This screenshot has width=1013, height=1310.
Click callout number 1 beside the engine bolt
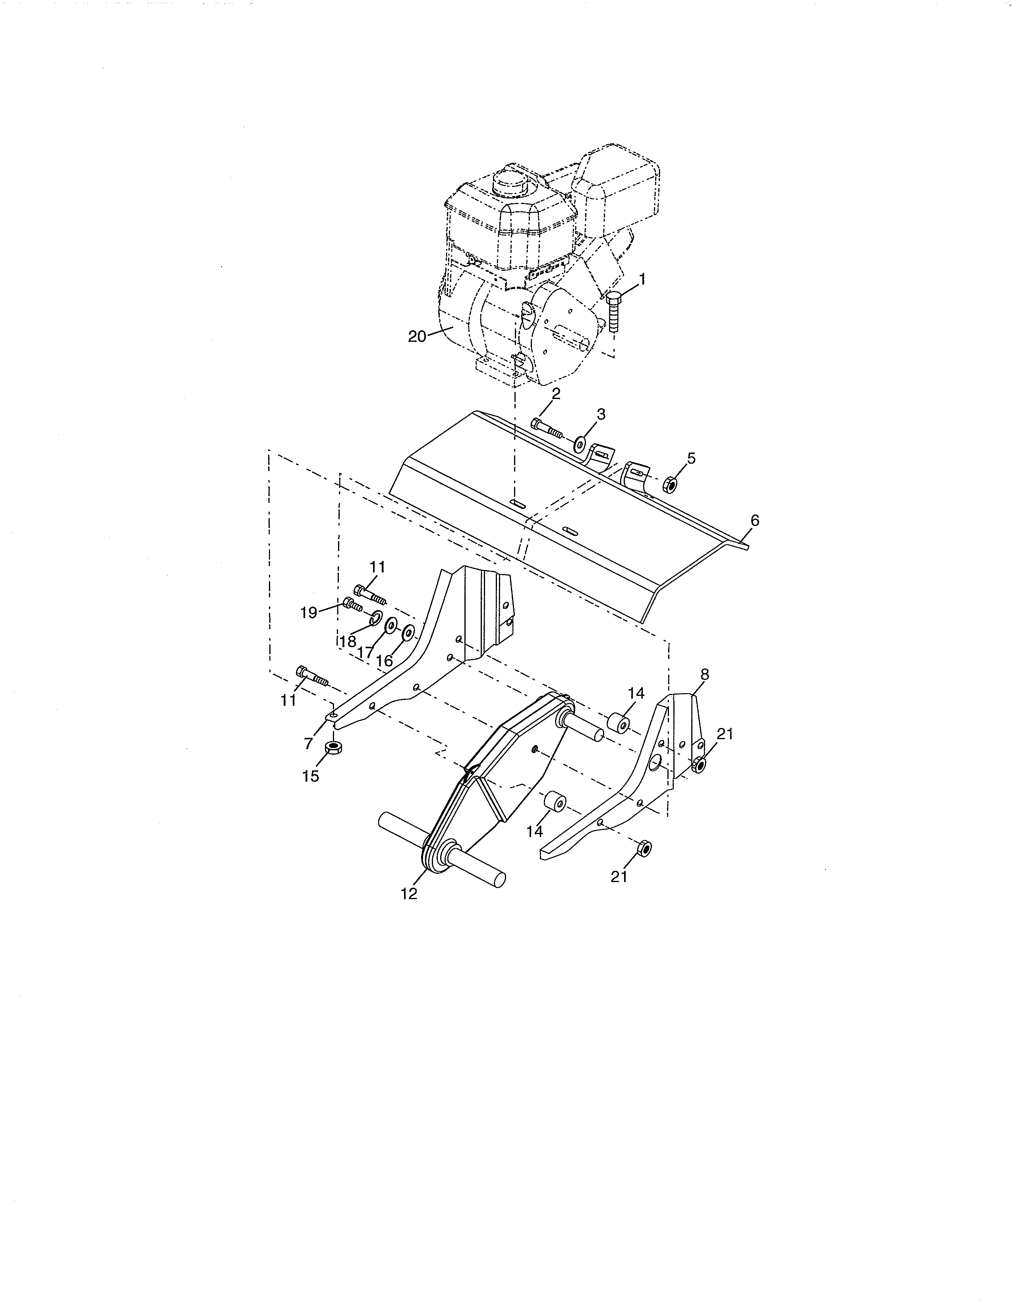point(642,279)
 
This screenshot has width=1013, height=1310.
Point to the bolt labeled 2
point(546,428)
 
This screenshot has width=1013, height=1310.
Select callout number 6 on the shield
point(755,521)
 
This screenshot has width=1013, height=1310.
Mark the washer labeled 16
point(408,632)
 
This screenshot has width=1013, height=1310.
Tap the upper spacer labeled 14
point(619,723)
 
